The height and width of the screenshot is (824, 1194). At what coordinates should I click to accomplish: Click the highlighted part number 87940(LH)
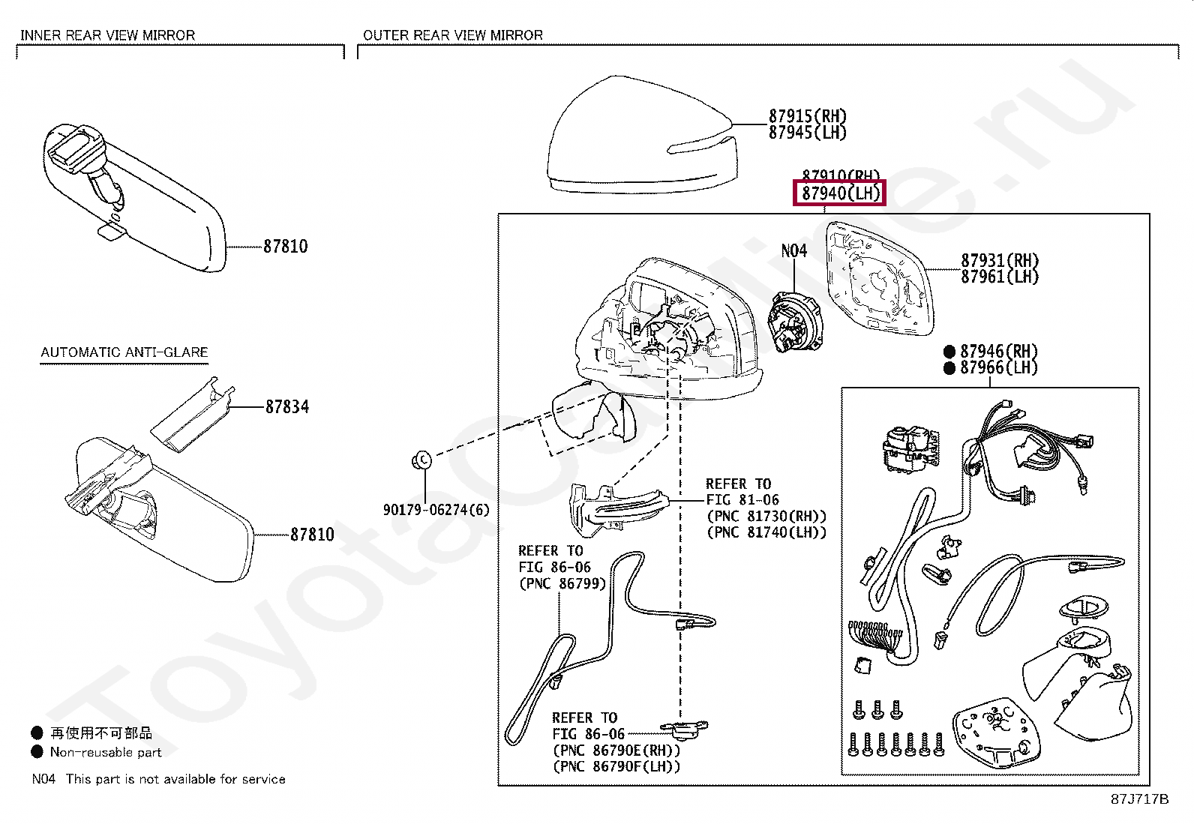click(x=840, y=193)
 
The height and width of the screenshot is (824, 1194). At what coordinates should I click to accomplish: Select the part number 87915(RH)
click(x=807, y=116)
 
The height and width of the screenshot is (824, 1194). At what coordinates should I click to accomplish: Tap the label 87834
click(x=286, y=406)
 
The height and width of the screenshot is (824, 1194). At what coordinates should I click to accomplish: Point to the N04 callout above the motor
click(x=793, y=250)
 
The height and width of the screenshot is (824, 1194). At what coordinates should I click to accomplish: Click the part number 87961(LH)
click(x=1000, y=277)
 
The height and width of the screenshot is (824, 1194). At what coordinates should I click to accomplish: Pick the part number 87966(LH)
click(x=999, y=367)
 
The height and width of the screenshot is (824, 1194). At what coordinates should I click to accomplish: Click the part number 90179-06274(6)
click(x=436, y=510)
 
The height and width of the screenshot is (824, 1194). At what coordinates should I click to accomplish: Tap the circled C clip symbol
click(x=421, y=459)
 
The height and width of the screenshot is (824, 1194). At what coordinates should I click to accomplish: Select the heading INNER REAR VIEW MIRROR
click(x=107, y=35)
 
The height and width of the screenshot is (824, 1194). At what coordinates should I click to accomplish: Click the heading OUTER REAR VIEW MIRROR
click(x=452, y=35)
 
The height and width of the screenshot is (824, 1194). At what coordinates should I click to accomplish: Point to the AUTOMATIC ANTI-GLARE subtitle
click(x=124, y=352)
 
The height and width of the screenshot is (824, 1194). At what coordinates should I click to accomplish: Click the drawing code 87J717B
click(x=1139, y=799)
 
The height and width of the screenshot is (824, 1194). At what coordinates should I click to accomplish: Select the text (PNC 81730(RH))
click(x=766, y=516)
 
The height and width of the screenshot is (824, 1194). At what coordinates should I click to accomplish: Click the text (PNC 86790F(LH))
click(x=616, y=766)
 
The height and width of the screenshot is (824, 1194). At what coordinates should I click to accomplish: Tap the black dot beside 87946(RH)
click(x=949, y=351)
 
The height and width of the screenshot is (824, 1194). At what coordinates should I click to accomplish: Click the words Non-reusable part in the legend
click(x=106, y=752)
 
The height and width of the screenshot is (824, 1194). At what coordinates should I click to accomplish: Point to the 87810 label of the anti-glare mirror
click(x=312, y=535)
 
